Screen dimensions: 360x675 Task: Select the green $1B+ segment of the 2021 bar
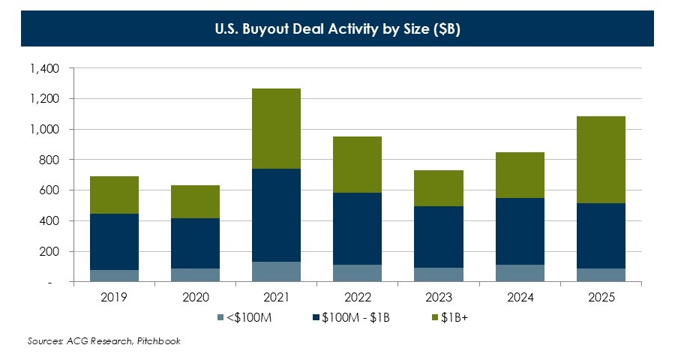tap(276, 128)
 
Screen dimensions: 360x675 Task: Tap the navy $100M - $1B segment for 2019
tap(114, 241)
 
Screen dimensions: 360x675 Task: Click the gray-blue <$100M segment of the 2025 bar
tap(601, 274)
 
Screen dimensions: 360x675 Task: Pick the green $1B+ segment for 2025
tap(601, 160)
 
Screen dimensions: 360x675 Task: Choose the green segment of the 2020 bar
tap(195, 202)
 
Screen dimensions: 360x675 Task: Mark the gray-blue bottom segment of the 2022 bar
tap(357, 273)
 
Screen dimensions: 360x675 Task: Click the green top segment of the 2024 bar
tap(520, 175)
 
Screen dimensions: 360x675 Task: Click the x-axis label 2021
tap(276, 298)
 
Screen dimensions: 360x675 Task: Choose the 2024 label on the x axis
tap(520, 298)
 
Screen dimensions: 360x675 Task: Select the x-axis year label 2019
tap(114, 298)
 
